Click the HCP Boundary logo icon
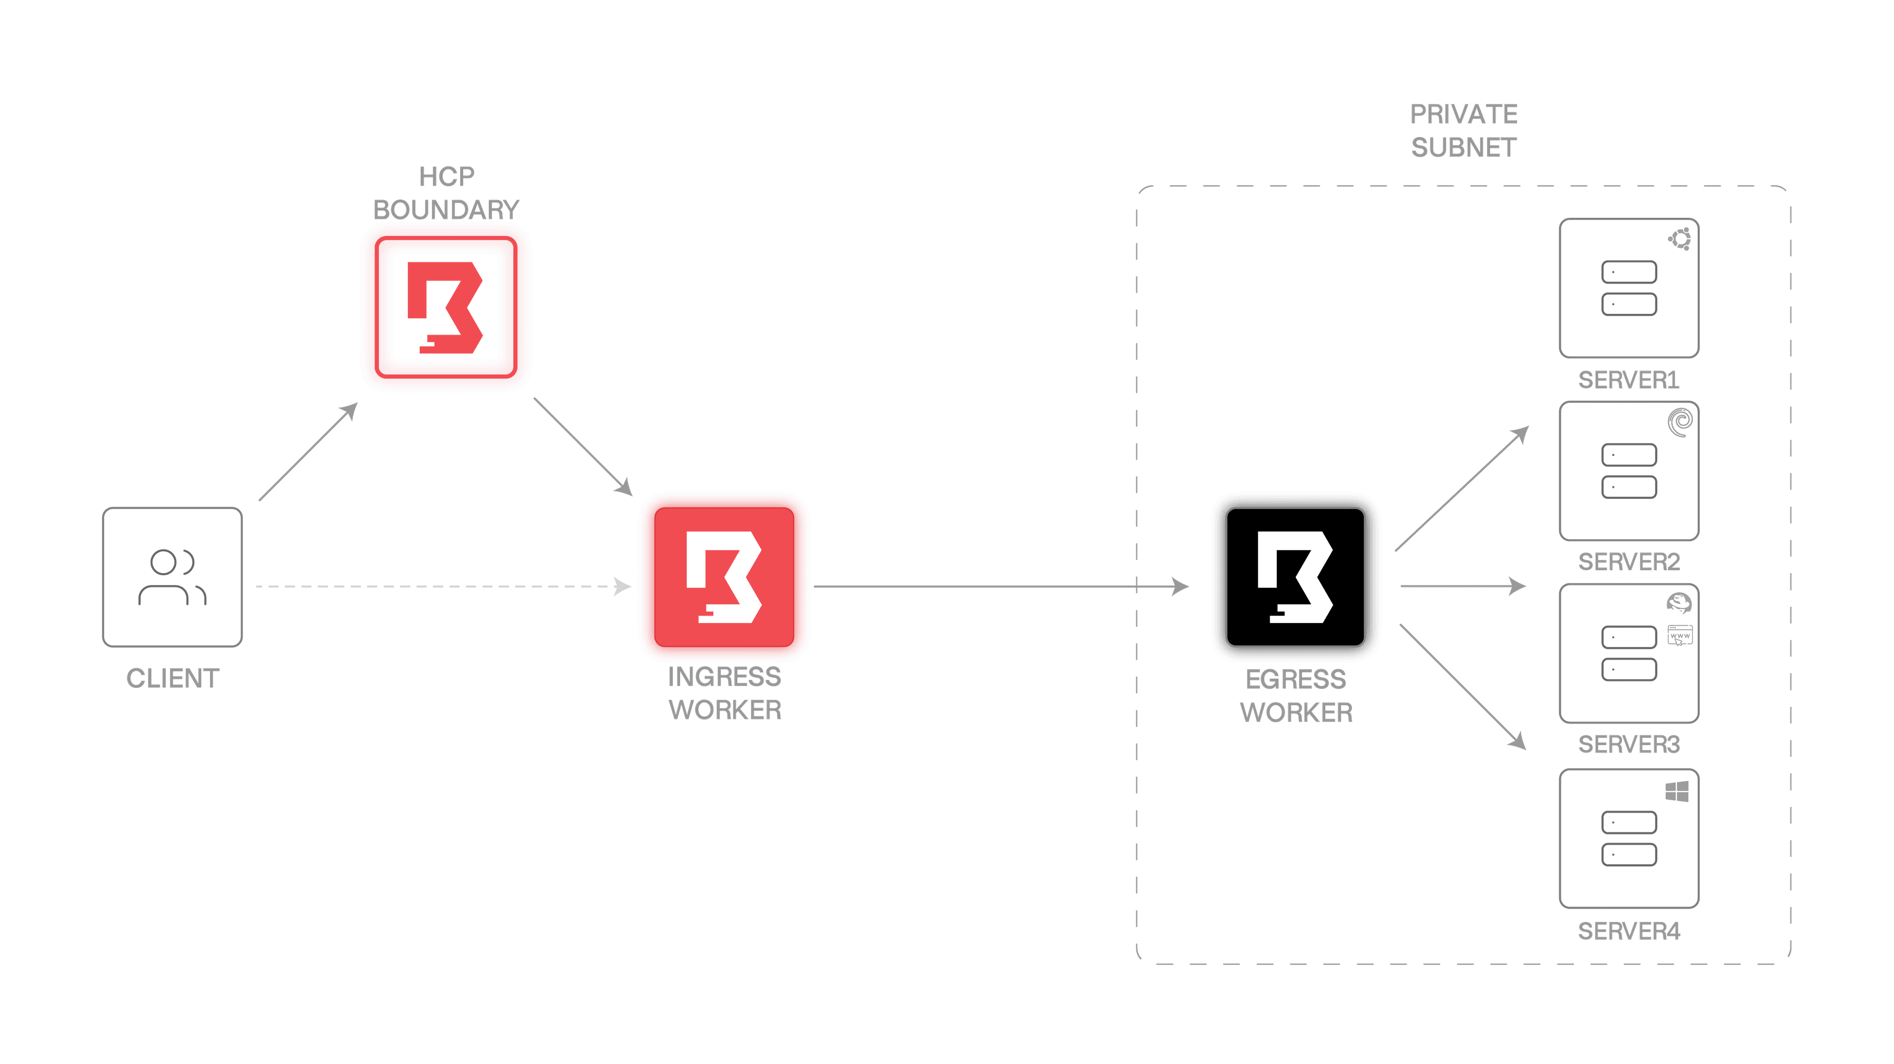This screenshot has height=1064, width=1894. (445, 307)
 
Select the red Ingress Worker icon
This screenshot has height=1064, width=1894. (724, 577)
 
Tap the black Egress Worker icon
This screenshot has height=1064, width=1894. (1296, 577)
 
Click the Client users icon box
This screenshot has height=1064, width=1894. (172, 577)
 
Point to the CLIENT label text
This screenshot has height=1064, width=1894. (173, 678)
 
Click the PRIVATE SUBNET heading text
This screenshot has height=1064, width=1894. (1463, 131)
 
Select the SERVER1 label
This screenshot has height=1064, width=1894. (1629, 380)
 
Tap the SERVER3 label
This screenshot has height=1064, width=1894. (1629, 744)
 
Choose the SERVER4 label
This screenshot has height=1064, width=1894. (1629, 931)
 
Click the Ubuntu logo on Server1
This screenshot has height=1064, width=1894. (1680, 239)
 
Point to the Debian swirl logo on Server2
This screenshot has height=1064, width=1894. (1680, 422)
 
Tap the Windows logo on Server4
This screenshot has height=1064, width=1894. (1677, 791)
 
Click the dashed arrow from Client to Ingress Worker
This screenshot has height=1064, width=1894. (441, 586)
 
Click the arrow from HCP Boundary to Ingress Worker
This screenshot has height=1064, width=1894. (583, 446)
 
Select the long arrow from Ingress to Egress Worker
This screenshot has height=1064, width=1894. (1000, 586)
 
